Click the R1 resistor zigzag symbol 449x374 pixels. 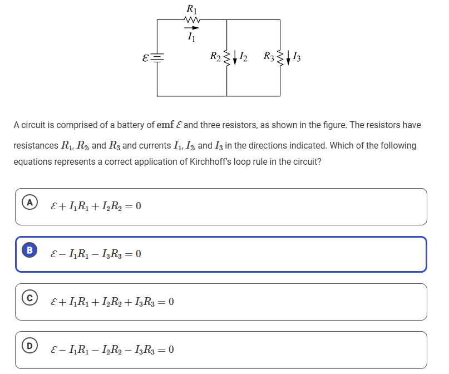click(x=191, y=20)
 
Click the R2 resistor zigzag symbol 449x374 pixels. click(x=226, y=56)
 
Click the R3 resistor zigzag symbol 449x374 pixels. click(x=280, y=56)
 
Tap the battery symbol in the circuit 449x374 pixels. click(x=157, y=57)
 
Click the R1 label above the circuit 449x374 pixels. click(x=191, y=8)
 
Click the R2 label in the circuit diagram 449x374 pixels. click(x=215, y=56)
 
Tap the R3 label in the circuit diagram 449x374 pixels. click(x=269, y=56)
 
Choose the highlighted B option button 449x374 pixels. click(x=27, y=252)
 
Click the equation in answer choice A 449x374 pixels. click(x=95, y=206)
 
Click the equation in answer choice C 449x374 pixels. click(x=112, y=302)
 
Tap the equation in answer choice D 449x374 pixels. click(x=112, y=350)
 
